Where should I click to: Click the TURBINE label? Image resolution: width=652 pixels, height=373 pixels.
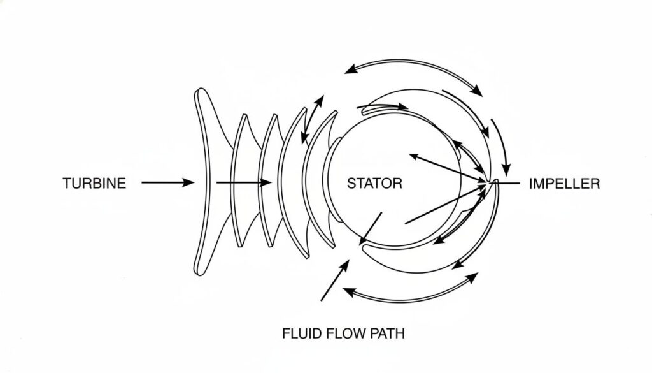94,184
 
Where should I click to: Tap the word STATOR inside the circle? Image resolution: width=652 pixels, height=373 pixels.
374,184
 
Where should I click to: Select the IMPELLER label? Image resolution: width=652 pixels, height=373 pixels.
564,184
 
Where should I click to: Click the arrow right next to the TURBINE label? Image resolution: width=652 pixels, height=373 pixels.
167,183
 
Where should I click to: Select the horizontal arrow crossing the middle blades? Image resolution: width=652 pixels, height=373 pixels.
244,183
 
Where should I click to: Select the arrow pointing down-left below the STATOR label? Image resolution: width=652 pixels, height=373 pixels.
371,228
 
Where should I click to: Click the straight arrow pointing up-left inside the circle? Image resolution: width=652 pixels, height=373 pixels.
446,167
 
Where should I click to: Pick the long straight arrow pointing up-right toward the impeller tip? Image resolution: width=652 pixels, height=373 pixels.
446,204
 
